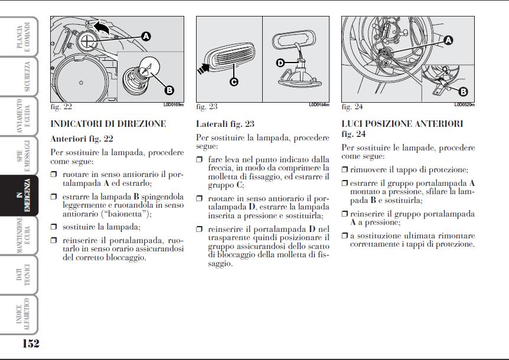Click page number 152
(x=31, y=343)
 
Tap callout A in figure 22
(x=145, y=36)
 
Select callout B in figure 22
(x=169, y=90)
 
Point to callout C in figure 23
(x=234, y=82)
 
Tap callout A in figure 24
(x=448, y=40)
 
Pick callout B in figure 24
(x=463, y=91)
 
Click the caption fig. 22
(x=61, y=107)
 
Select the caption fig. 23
(x=207, y=107)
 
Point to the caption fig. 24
(x=352, y=107)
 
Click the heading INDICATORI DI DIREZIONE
(x=109, y=124)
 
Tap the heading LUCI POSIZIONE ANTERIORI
(x=402, y=124)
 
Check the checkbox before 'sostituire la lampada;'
(x=54, y=226)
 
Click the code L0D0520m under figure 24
(x=464, y=104)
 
